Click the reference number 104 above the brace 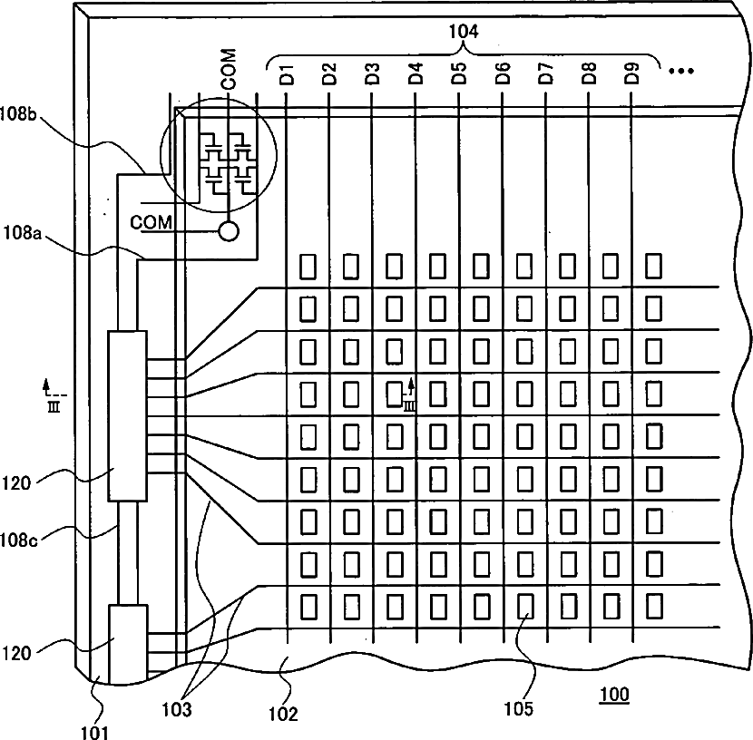(464, 31)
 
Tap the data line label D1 (287, 74)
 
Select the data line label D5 (459, 73)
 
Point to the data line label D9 (632, 73)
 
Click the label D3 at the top (373, 73)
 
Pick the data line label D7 (546, 73)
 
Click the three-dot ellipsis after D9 (681, 71)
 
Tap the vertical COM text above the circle (229, 69)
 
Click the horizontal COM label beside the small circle (152, 222)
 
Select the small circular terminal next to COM (229, 231)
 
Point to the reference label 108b (18, 113)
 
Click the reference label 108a (23, 233)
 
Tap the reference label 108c (18, 540)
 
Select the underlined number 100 (614, 695)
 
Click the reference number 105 (519, 708)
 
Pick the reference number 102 (283, 714)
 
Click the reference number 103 (176, 709)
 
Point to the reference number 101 (94, 733)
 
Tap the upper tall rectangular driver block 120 (127, 416)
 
